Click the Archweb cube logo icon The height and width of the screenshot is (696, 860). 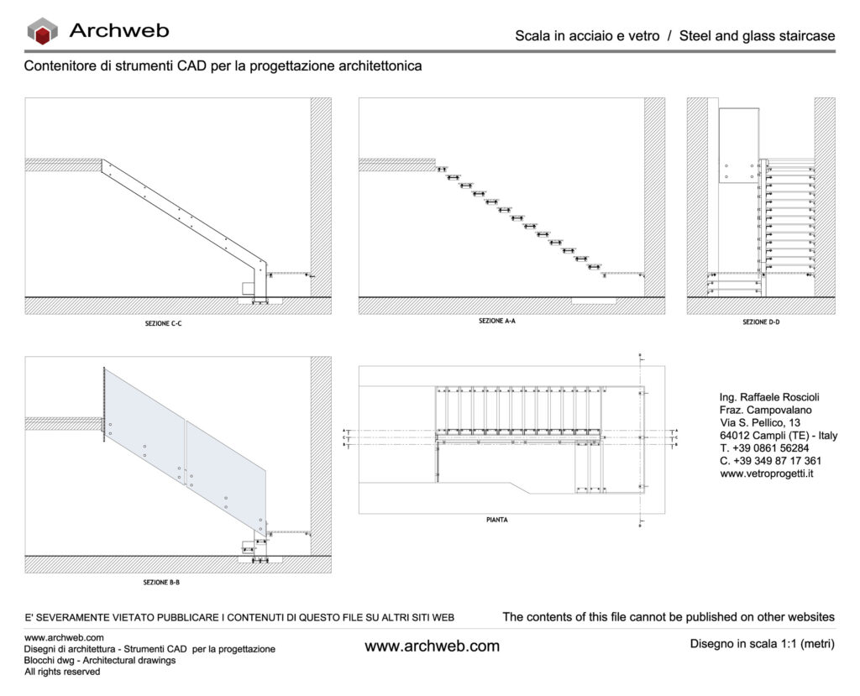pos(42,32)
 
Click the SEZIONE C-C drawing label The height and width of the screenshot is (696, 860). pos(163,322)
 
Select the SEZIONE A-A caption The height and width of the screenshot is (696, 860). pos(496,321)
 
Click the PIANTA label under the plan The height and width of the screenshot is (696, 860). pos(496,520)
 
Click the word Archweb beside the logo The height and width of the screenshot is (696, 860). pos(118,31)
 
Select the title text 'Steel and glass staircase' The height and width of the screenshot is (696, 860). pos(757,36)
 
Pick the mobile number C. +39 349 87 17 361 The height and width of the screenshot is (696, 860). pos(770,461)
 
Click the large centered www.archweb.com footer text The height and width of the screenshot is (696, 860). pos(432,646)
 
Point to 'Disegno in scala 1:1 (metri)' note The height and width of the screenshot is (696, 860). pos(762,645)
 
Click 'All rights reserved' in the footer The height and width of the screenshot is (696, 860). pos(62,672)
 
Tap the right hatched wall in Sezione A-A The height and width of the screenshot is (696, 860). pos(654,197)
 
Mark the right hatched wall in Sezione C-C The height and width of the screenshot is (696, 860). pos(320,197)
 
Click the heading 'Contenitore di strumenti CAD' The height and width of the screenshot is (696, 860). pos(223,65)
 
